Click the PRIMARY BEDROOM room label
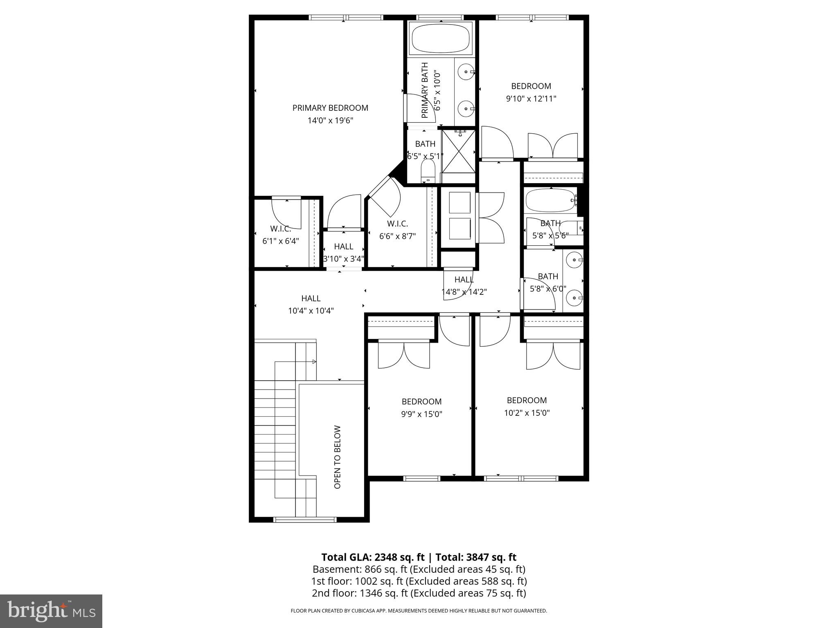pos(330,108)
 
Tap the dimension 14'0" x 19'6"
pos(330,121)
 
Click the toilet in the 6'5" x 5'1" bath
pos(428,171)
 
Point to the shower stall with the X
pos(458,151)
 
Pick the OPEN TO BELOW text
pos(338,457)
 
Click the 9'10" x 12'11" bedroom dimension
pos(531,99)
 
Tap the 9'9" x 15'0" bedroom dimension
pos(421,414)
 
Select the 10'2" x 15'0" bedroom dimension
pos(527,413)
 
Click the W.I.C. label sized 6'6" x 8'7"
pos(397,224)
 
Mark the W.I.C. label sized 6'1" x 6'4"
pos(280,229)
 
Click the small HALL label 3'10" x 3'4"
pos(343,247)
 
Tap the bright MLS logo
pos(51,611)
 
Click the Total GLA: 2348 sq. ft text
pos(374,557)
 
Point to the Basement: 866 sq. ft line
pos(419,569)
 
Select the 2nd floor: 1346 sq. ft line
pos(419,593)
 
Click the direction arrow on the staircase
pos(314,362)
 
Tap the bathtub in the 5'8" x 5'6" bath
pos(550,200)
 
